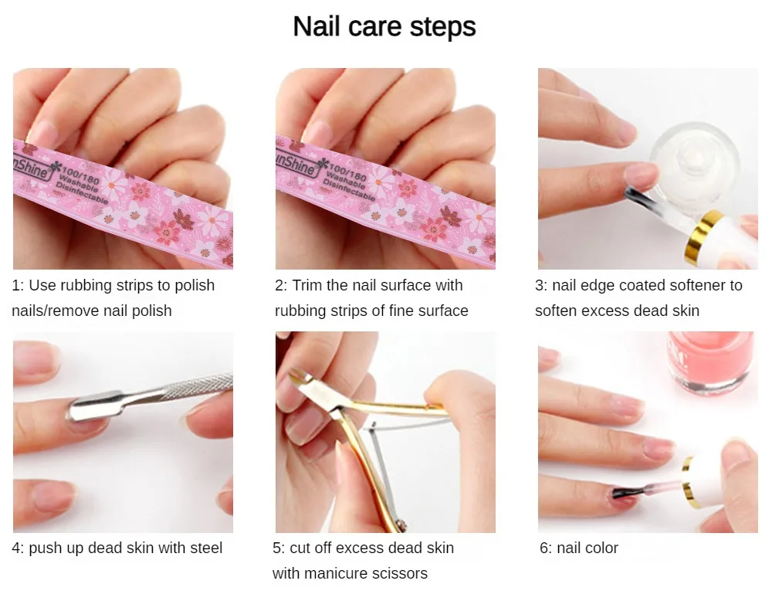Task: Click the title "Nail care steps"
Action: tap(384, 26)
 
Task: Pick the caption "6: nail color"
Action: tap(578, 548)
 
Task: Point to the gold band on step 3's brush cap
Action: tap(705, 234)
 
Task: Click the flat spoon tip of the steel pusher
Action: tap(93, 406)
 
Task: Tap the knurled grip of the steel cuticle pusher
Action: tap(201, 385)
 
